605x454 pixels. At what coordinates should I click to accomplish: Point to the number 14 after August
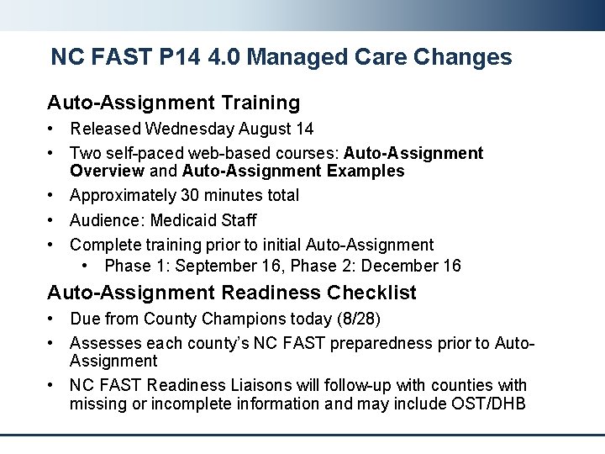coord(304,129)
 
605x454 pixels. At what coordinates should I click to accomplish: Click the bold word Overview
coord(108,171)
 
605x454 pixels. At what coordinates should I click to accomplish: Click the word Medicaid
coord(180,220)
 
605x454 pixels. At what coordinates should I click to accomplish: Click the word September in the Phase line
coord(213,266)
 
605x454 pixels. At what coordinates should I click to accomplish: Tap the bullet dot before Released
coord(52,129)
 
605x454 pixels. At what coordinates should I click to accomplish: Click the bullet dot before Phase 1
coord(87,267)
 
